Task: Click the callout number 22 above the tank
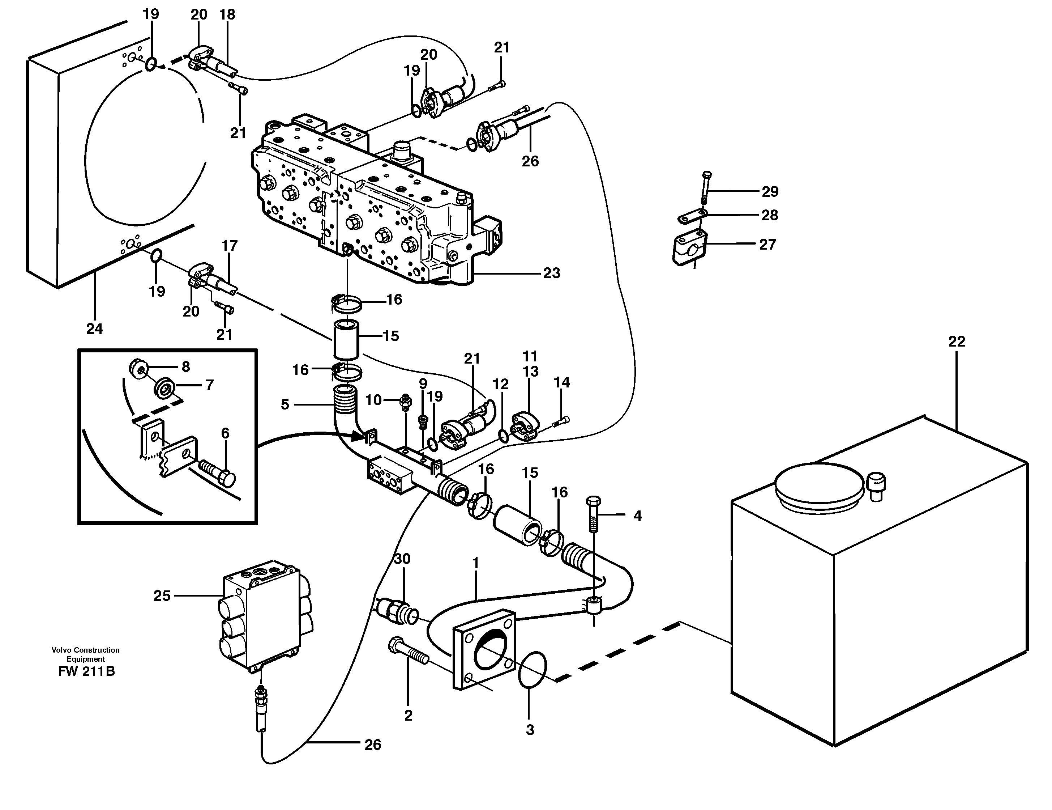pos(957,342)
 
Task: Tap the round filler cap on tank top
pos(817,485)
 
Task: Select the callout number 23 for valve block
pos(552,273)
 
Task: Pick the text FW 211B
pos(86,671)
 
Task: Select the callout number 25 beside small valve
pos(162,596)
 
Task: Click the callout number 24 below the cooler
pos(94,329)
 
